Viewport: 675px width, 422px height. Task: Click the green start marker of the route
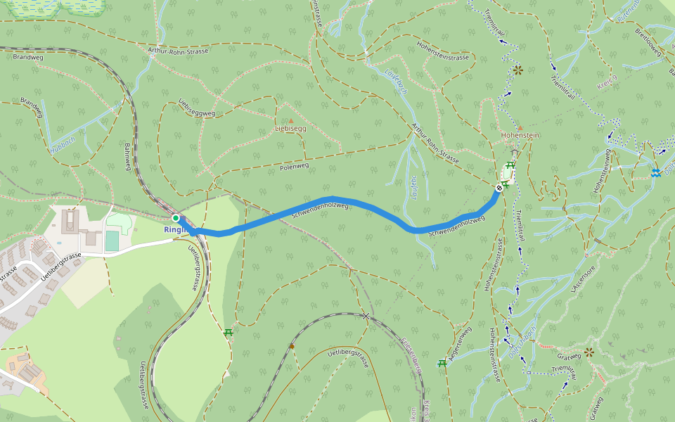[176, 218]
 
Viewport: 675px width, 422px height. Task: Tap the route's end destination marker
[499, 188]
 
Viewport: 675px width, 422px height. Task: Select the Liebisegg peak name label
[290, 129]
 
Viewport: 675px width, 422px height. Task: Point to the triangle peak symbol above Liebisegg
[290, 120]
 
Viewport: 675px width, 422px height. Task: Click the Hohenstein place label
[520, 135]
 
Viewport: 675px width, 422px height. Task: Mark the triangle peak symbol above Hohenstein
[520, 127]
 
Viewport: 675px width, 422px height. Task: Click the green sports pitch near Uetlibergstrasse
[112, 241]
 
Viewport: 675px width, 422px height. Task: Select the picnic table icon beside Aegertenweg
[442, 363]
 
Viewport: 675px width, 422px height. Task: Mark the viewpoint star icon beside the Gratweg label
[589, 352]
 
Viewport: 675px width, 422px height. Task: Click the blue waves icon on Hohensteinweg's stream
[655, 173]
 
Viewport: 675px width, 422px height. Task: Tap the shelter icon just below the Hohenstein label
[515, 153]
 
